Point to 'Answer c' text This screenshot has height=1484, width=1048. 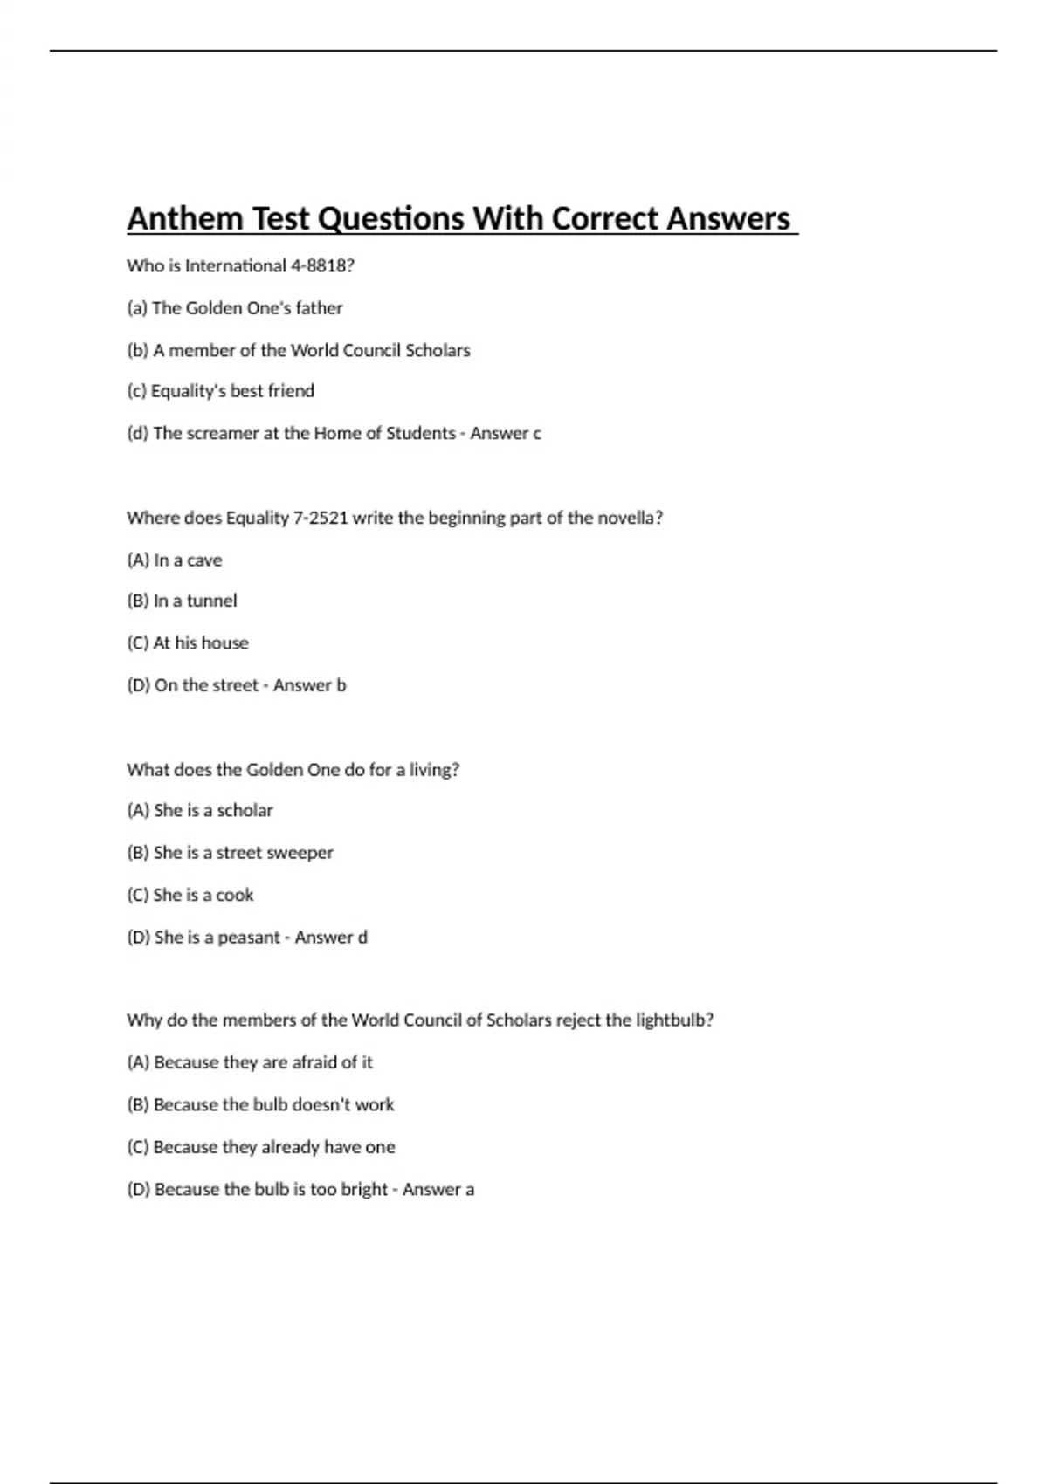pos(506,434)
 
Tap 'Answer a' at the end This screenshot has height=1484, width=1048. pos(438,1190)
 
